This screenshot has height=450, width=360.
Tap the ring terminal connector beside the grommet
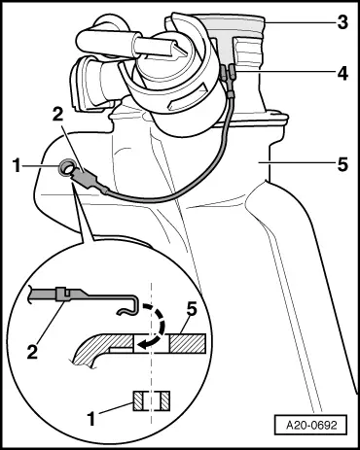tap(95, 181)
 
